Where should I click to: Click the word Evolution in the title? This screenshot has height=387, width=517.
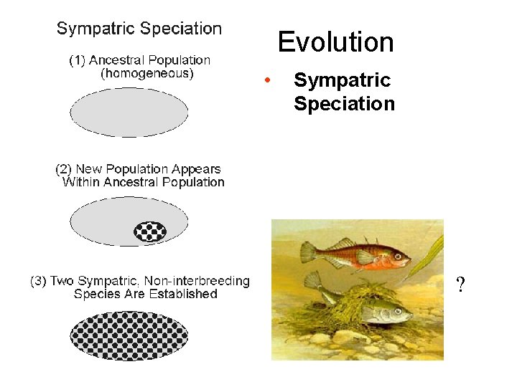click(336, 42)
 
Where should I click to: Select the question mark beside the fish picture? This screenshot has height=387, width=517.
click(460, 286)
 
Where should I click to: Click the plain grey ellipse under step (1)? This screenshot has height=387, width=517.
click(129, 111)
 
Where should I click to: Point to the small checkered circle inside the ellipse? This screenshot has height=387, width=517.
click(151, 231)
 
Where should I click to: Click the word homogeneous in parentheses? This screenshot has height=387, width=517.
click(147, 73)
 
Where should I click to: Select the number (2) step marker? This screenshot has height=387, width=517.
click(64, 169)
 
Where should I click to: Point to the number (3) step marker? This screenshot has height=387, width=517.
click(38, 281)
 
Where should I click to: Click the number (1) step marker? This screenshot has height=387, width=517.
click(77, 60)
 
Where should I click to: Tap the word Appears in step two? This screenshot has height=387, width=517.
click(196, 169)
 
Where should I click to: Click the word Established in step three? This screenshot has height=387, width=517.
click(184, 294)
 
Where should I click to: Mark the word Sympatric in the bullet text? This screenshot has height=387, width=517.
click(342, 80)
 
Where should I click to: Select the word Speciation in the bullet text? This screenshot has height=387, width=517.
click(344, 104)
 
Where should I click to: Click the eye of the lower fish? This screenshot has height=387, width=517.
click(403, 311)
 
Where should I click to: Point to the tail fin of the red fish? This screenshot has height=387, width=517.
click(309, 252)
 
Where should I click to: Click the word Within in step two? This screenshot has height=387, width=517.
click(81, 182)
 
